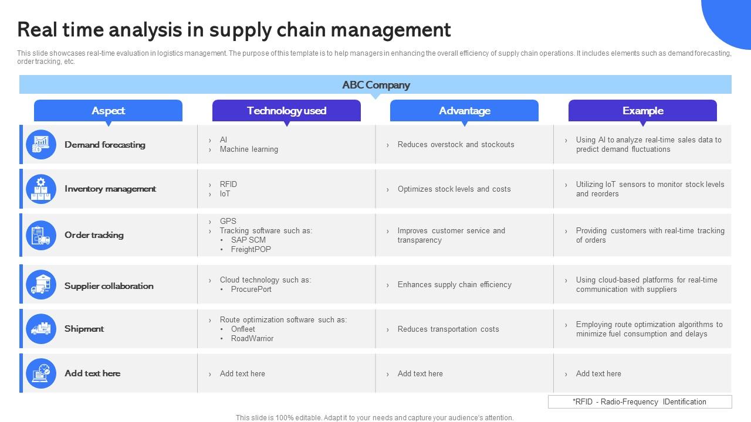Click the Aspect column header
(x=108, y=111)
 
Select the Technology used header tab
(x=286, y=111)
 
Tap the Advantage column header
(x=464, y=111)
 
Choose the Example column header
(x=642, y=111)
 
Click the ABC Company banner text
(x=376, y=85)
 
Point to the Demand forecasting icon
(x=41, y=144)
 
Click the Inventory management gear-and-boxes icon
(x=41, y=189)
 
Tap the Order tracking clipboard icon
(x=41, y=235)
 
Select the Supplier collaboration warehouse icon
(x=41, y=284)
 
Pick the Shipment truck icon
(x=41, y=329)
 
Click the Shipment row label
(x=84, y=329)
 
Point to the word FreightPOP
(x=251, y=249)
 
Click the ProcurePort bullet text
(x=251, y=289)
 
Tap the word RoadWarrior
(x=252, y=338)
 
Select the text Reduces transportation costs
(x=448, y=329)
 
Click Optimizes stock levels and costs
(x=454, y=189)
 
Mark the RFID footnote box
(x=640, y=402)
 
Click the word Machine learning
(x=249, y=149)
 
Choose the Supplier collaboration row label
(x=109, y=286)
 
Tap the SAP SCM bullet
(x=248, y=240)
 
